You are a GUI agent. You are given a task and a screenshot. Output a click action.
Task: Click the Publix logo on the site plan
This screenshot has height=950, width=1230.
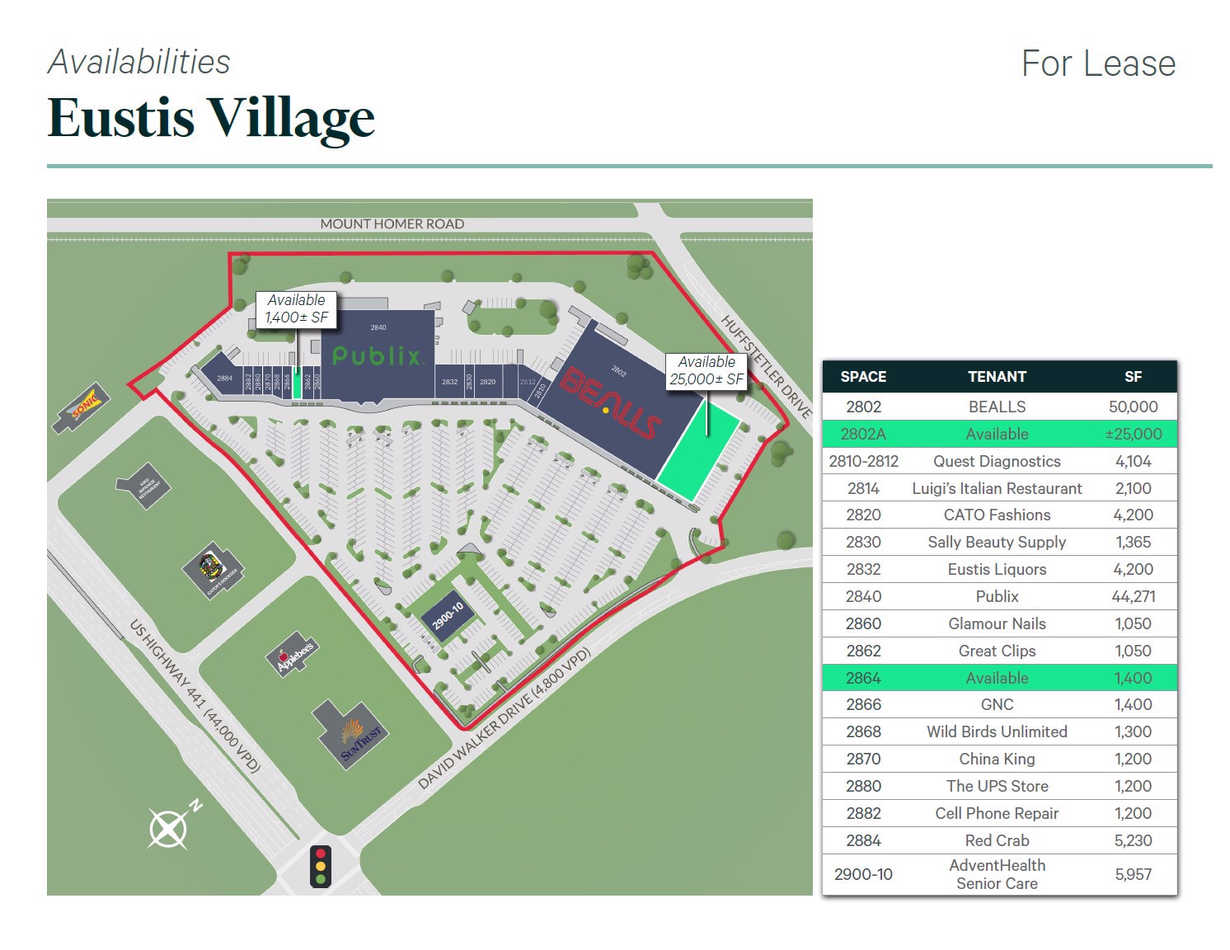click(378, 356)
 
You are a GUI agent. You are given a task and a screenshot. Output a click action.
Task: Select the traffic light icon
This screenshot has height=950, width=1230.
click(321, 866)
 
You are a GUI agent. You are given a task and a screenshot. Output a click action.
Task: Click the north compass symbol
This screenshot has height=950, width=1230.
click(170, 827)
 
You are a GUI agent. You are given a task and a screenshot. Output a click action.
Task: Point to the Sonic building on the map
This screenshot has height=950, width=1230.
click(83, 407)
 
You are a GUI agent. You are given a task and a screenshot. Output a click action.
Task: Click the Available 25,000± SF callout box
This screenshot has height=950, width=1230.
click(707, 371)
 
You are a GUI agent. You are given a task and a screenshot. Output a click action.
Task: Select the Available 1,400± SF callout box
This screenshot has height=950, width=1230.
click(296, 309)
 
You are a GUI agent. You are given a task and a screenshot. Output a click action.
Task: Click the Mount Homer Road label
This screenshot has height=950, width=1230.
click(392, 224)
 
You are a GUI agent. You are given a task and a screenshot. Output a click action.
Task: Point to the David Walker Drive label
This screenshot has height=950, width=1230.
click(505, 719)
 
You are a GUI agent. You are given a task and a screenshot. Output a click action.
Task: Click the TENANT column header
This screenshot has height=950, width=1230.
click(997, 377)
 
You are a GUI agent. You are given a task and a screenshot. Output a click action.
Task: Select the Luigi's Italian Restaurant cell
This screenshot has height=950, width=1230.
click(997, 488)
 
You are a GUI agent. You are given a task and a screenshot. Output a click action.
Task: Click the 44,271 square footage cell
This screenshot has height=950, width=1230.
click(1133, 596)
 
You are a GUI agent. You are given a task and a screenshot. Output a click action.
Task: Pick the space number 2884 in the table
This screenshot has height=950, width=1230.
click(863, 840)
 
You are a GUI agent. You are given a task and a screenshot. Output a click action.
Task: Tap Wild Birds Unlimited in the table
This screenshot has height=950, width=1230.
click(997, 731)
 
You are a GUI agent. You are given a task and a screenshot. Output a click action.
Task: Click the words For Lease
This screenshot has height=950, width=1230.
click(1098, 64)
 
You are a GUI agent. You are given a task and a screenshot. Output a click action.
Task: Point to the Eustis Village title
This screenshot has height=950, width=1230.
click(211, 118)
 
